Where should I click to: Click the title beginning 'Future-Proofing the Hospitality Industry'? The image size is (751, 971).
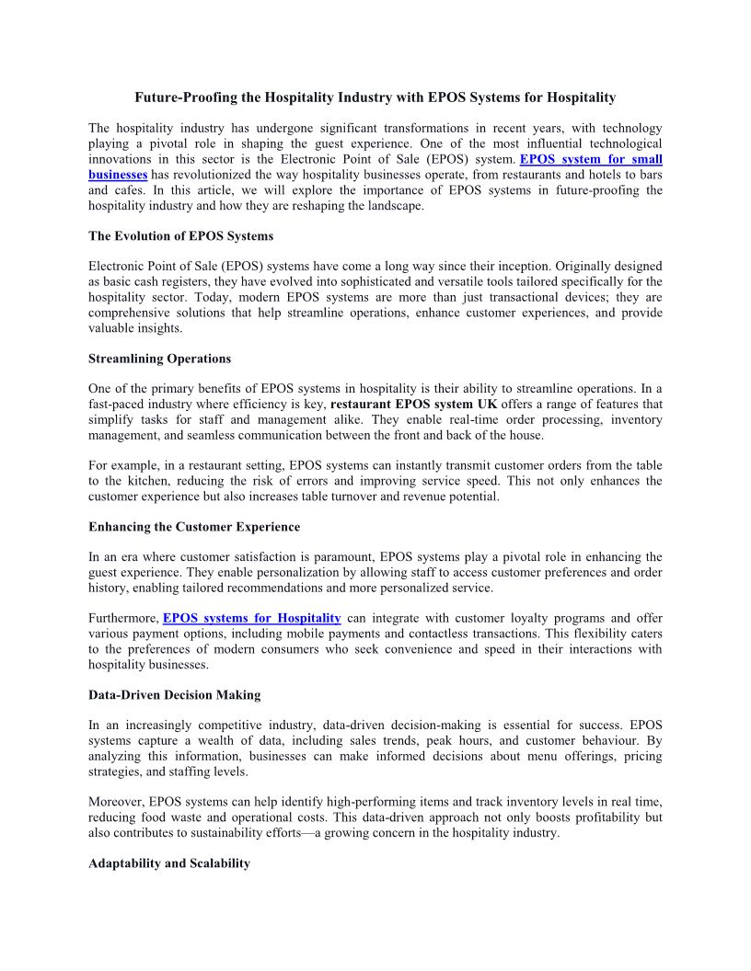[x=375, y=97]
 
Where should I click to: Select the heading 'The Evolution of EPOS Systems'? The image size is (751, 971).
[x=180, y=236]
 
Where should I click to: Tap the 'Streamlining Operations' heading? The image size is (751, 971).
[x=159, y=359]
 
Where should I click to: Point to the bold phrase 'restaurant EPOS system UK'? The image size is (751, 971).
[x=414, y=404]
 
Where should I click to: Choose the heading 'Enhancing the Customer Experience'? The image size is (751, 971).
[x=194, y=527]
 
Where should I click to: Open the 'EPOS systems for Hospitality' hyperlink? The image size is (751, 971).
[x=252, y=618]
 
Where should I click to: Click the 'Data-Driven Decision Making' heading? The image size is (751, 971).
[x=174, y=695]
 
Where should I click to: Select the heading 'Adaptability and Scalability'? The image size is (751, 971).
[x=169, y=863]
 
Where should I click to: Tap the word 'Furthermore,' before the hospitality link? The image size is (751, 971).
[x=124, y=618]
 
